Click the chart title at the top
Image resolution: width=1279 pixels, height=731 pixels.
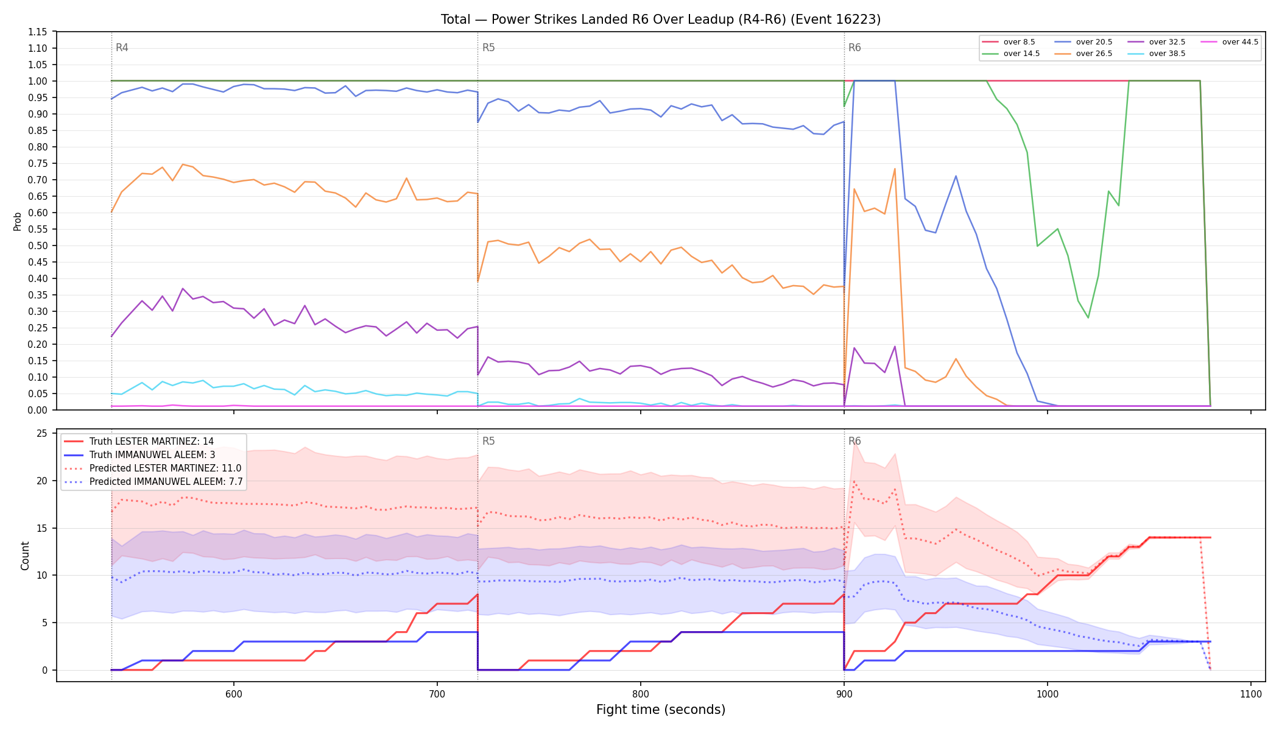[x=661, y=19]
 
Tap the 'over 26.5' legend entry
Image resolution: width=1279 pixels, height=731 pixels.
[x=1083, y=54]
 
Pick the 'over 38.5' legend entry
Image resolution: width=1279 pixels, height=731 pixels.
[x=1157, y=54]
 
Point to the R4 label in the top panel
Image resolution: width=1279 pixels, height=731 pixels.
[x=122, y=48]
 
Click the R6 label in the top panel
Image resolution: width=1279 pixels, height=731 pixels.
[x=854, y=48]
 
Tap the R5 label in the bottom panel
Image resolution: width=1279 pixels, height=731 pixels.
[x=488, y=441]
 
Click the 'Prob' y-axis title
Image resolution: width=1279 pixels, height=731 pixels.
[x=18, y=221]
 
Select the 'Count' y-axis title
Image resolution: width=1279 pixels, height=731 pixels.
[x=25, y=556]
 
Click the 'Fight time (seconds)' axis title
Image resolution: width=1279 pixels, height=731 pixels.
[x=661, y=710]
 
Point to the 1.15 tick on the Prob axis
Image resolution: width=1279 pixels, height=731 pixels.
[x=38, y=32]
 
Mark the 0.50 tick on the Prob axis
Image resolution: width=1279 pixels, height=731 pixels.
[x=38, y=245]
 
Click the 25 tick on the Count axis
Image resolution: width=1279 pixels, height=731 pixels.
[x=42, y=434]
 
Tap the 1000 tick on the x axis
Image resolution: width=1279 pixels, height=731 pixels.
[x=1048, y=694]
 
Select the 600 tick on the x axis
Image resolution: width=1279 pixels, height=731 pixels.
[x=234, y=694]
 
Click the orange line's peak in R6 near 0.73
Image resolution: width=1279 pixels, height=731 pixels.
[x=895, y=169]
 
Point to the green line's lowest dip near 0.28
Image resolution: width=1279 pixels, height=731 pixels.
[x=1088, y=317]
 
